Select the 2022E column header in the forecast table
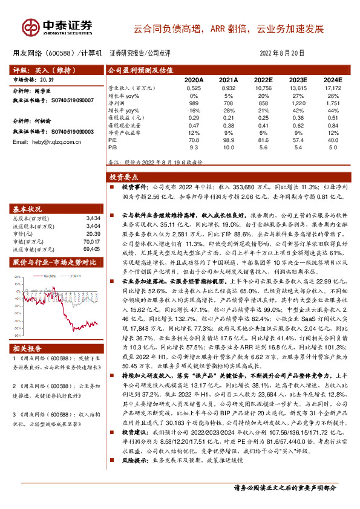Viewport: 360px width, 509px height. (263, 80)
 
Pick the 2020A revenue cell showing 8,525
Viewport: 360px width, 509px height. (194, 88)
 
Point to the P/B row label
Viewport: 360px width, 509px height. (113, 146)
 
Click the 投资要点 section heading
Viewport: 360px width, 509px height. (123, 177)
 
